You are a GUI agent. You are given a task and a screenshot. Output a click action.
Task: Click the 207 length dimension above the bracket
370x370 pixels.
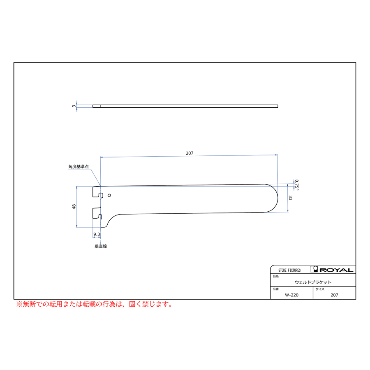[x=190, y=153]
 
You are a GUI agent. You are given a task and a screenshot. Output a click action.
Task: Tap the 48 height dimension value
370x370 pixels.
[x=74, y=207]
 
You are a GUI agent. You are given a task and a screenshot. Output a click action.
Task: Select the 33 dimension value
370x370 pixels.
[x=290, y=198]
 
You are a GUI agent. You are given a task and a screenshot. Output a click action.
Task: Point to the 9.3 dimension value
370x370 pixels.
[x=97, y=234]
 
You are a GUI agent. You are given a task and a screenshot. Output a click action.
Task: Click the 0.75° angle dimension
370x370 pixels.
[x=296, y=185]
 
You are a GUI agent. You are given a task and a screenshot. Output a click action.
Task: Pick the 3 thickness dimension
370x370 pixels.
[x=74, y=106]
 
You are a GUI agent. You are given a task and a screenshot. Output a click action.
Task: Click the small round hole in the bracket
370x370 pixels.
[x=109, y=195]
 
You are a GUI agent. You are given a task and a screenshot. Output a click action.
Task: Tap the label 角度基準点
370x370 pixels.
[x=79, y=166]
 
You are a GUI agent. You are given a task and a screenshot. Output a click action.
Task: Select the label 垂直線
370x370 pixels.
[x=101, y=246]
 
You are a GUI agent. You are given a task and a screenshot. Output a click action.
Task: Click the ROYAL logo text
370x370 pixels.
[x=336, y=270]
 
